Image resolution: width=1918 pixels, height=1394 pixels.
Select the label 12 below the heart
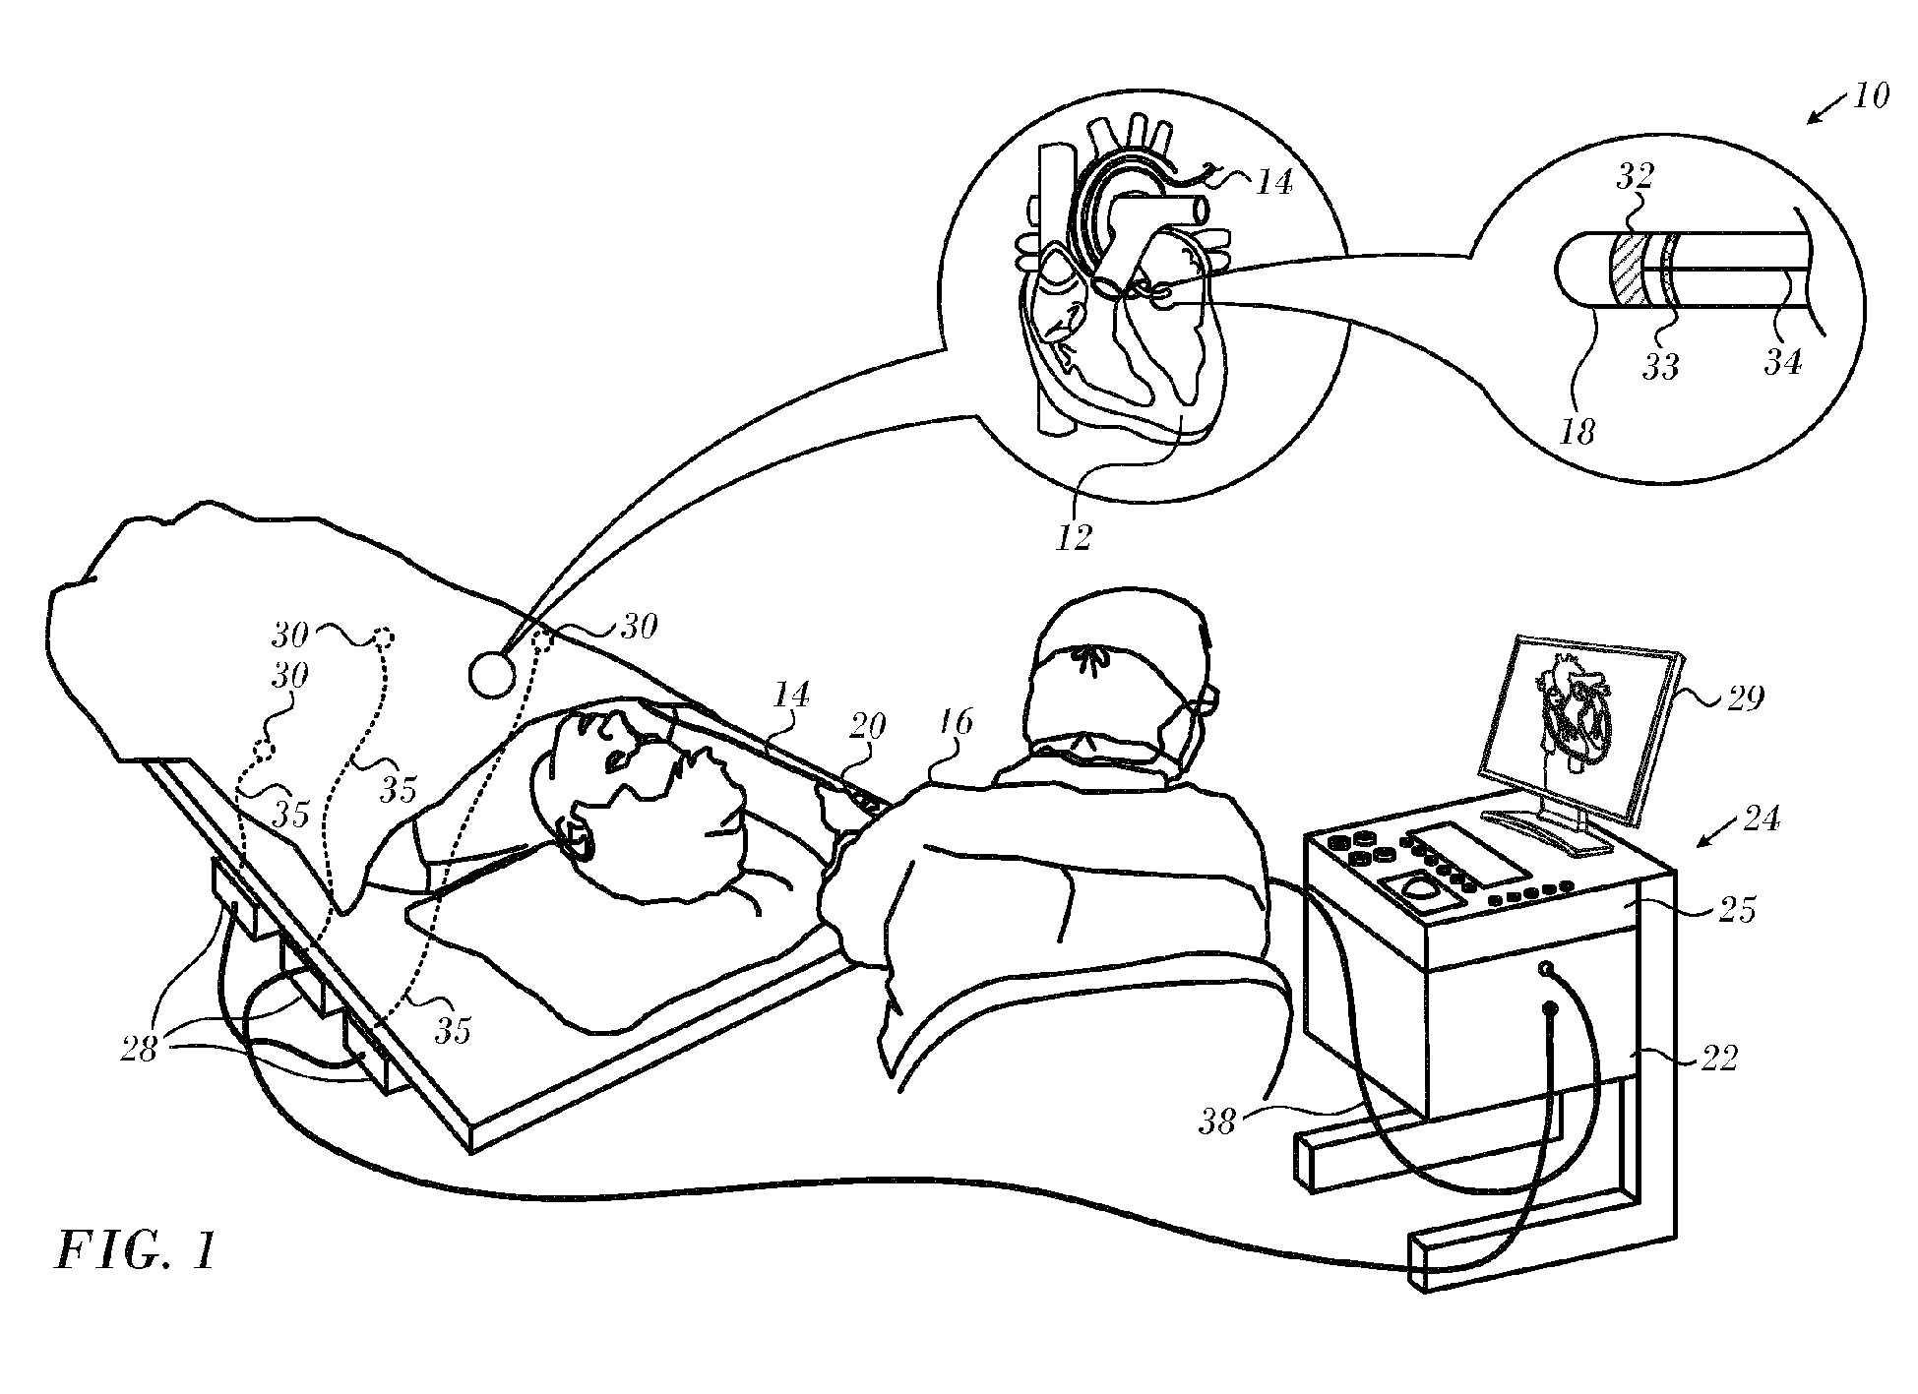(1074, 537)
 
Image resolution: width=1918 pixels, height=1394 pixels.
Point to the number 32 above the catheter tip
(1635, 177)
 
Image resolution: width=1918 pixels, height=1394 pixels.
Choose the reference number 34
(1782, 363)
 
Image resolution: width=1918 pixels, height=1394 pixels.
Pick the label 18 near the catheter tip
(1577, 430)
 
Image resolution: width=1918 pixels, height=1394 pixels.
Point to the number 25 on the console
(1737, 911)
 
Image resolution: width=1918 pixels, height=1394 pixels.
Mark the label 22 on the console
(1718, 1059)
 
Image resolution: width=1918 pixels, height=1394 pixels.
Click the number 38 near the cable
(1216, 1121)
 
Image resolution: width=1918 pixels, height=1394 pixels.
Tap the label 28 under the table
(141, 1051)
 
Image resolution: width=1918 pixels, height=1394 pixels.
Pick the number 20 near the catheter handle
(867, 727)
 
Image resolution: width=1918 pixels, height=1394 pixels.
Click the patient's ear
(574, 837)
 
